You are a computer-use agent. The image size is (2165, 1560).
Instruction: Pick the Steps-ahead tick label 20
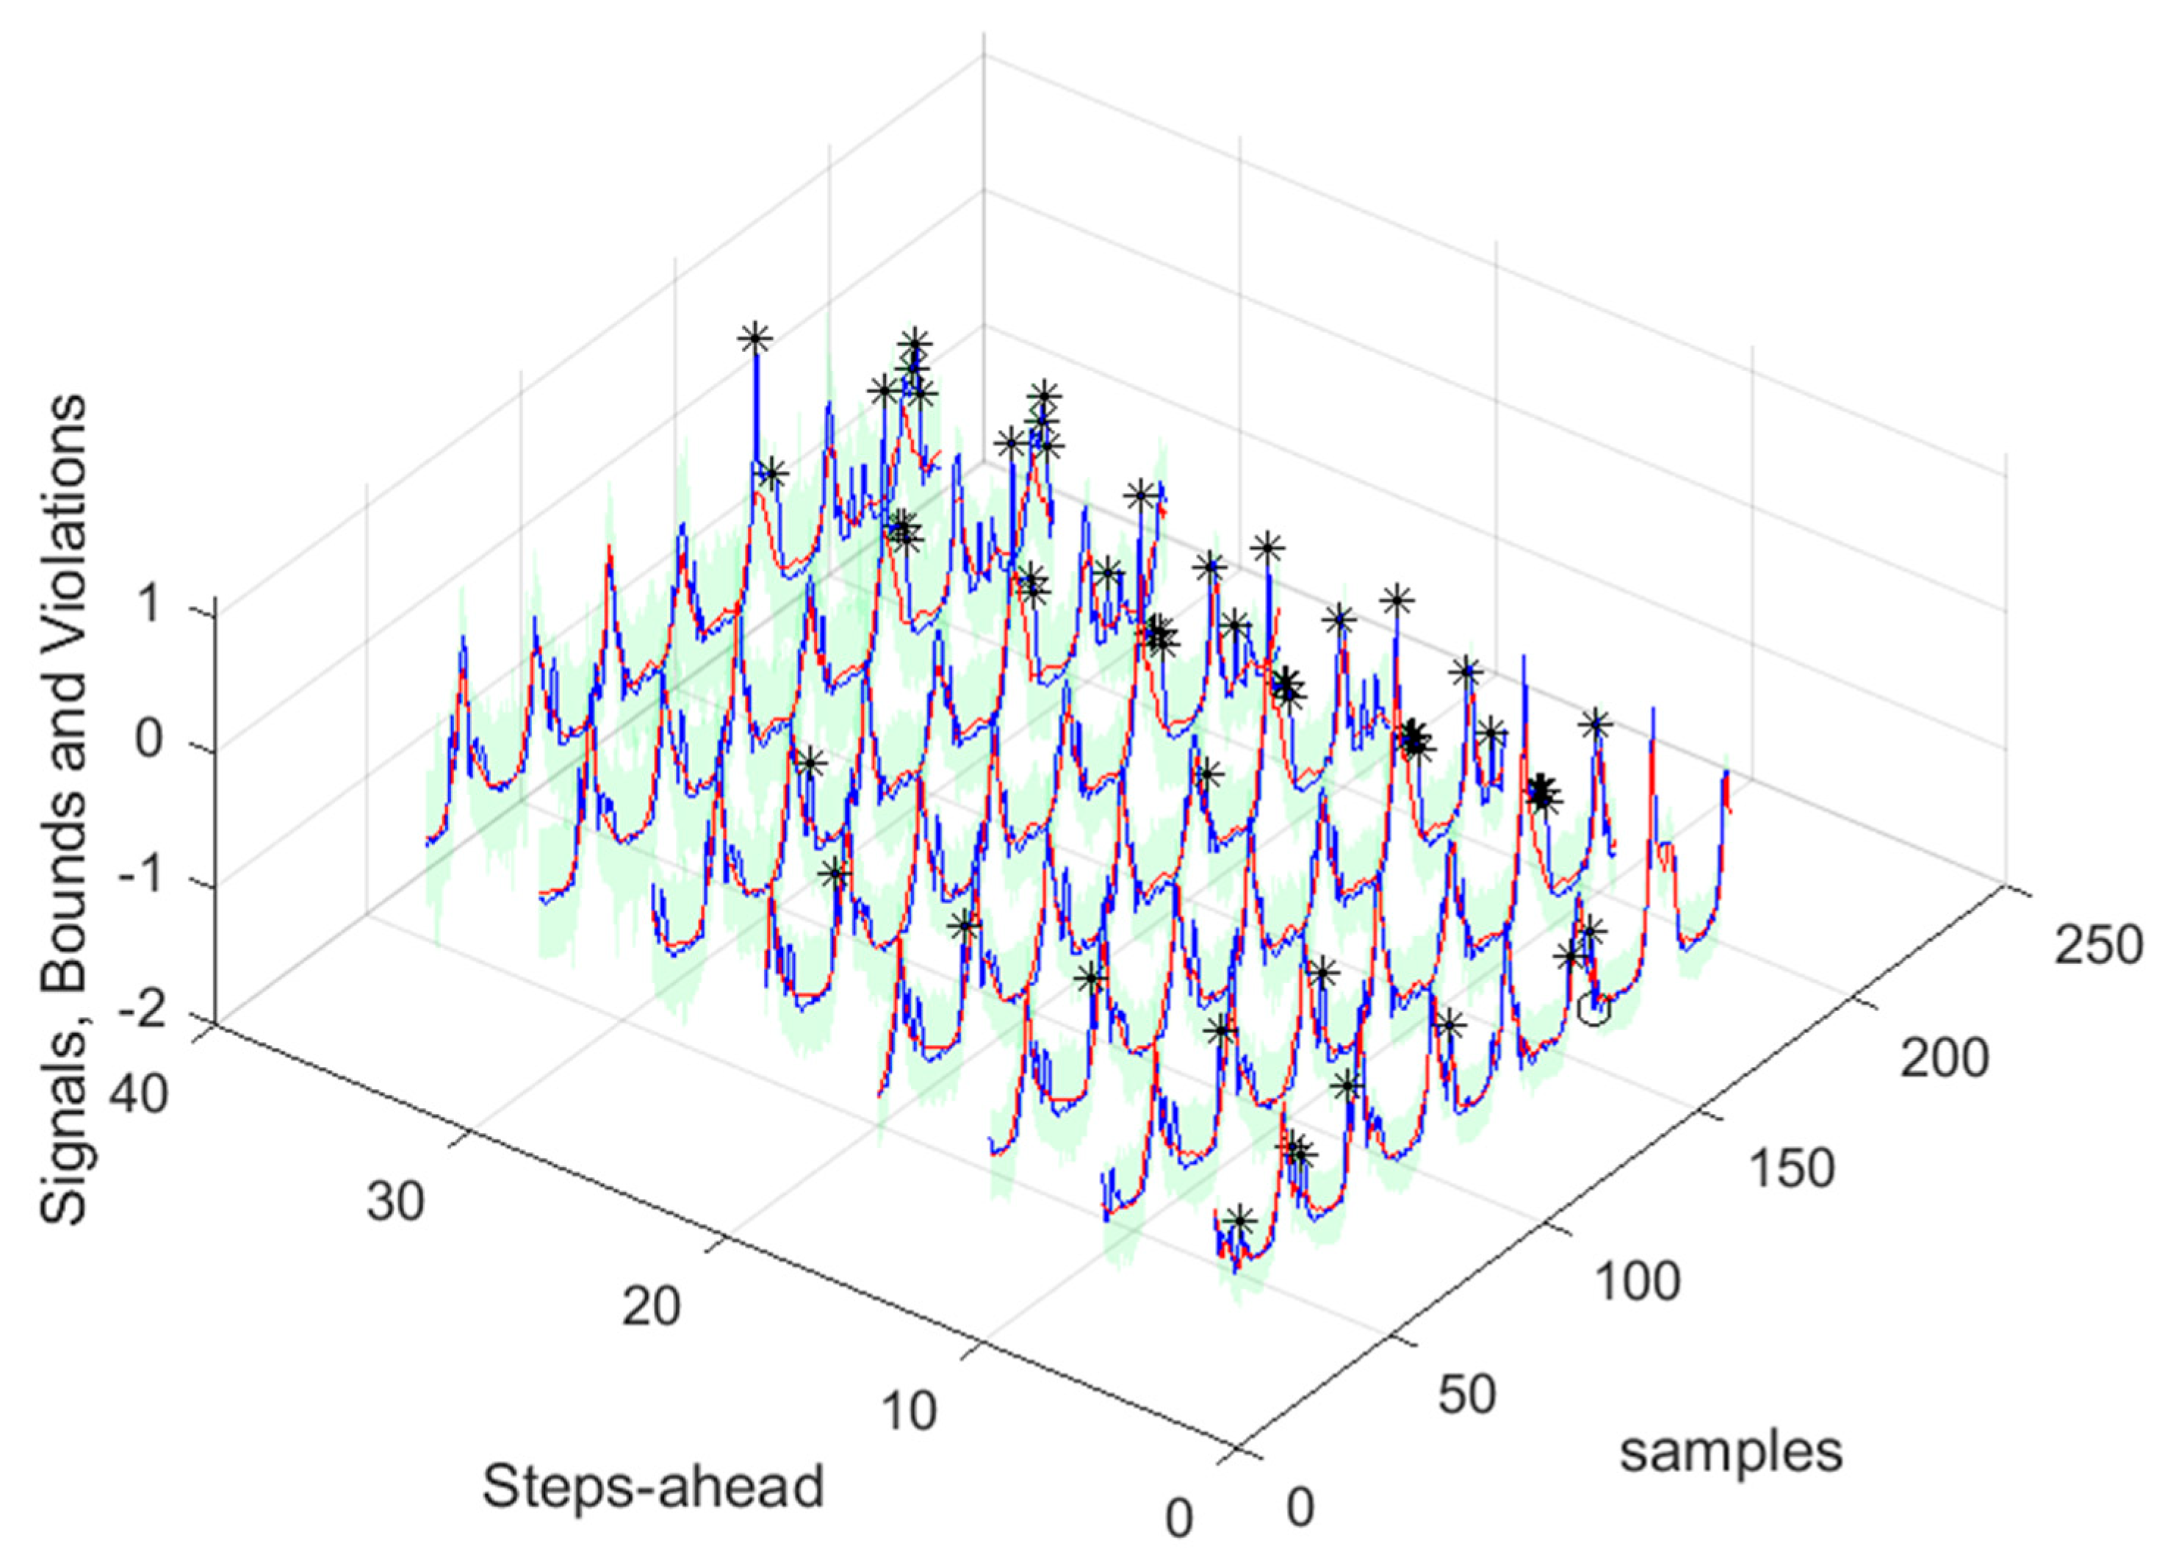(652, 1305)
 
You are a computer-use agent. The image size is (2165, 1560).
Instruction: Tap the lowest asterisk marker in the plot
(1238, 1219)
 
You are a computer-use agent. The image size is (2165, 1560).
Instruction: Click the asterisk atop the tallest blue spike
(754, 337)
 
